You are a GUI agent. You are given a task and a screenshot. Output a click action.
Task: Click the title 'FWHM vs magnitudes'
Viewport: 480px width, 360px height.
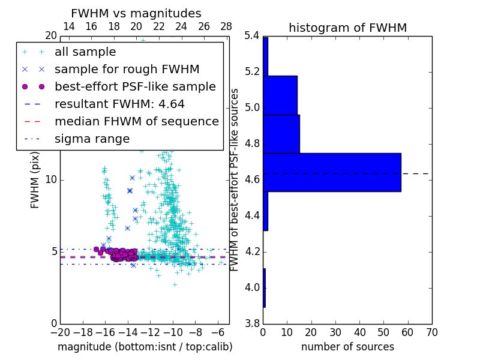[x=136, y=13]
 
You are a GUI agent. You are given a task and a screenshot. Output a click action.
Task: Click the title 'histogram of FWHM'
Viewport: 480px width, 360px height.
[x=347, y=28]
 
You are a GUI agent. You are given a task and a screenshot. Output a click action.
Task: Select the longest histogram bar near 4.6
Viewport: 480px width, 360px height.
[x=332, y=172]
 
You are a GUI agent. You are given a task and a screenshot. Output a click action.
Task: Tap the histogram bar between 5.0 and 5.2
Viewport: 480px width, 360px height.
[x=280, y=95]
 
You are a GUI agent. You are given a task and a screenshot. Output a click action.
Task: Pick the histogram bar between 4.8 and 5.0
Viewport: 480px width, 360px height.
[x=281, y=134]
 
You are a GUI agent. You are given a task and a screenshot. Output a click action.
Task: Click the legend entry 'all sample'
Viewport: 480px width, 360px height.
[x=85, y=52]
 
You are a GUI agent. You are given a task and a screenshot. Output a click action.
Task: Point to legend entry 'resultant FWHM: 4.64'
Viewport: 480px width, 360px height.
[x=119, y=104]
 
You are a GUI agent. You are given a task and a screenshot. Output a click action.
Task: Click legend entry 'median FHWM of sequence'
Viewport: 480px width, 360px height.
[x=136, y=121]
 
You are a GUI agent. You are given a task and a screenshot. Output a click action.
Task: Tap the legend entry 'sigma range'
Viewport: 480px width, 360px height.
[x=92, y=139]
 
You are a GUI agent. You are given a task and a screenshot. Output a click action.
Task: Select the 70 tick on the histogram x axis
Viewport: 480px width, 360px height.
[x=431, y=332]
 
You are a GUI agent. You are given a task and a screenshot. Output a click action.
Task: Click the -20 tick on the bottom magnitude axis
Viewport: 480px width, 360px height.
[x=60, y=332]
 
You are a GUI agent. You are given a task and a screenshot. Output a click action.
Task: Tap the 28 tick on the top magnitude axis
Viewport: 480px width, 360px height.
[x=226, y=26]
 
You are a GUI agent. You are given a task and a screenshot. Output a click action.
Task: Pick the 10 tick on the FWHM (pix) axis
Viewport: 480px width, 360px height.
[x=51, y=179]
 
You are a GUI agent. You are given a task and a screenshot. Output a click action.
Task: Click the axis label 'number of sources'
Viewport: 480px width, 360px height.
[x=347, y=347]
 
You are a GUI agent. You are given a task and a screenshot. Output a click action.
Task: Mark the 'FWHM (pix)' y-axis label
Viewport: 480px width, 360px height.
[x=35, y=179]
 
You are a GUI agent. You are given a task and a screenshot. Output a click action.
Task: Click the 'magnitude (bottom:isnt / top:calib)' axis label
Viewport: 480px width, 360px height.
[x=145, y=347]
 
